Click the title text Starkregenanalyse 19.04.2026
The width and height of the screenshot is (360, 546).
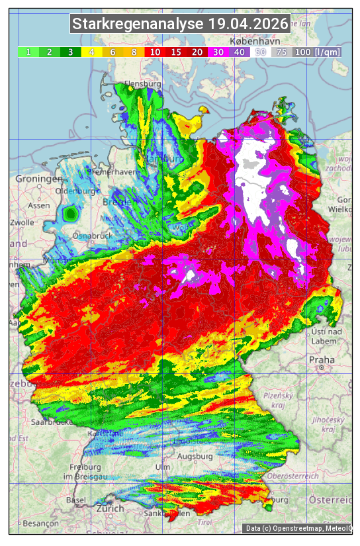[180, 24]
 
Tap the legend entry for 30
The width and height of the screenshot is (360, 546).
[217, 52]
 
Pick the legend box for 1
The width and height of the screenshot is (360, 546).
[28, 52]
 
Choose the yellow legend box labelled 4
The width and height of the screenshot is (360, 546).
[91, 52]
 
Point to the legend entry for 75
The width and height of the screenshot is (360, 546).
[281, 52]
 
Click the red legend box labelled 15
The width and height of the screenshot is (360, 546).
[175, 52]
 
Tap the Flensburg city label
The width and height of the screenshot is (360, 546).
[143, 85]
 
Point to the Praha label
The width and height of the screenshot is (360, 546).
[322, 359]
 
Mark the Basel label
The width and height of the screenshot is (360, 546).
[76, 500]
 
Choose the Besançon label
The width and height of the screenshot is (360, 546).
[40, 523]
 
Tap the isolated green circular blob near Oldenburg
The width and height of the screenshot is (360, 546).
[70, 213]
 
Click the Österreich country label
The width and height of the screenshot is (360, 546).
[334, 498]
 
